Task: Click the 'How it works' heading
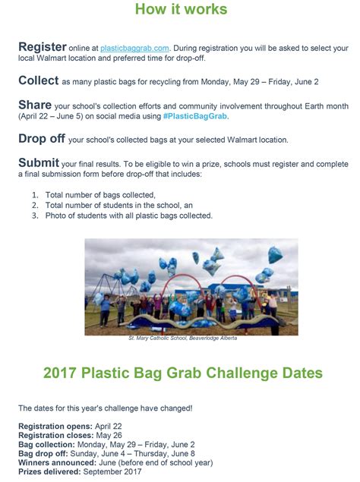pyautogui.click(x=182, y=9)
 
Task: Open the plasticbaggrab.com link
pyautogui.click(x=134, y=49)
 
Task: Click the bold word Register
pyautogui.click(x=43, y=47)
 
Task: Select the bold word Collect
pyautogui.click(x=39, y=80)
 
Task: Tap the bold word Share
pyautogui.click(x=35, y=105)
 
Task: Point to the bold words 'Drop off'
pyautogui.click(x=42, y=139)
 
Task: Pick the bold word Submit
pyautogui.click(x=39, y=162)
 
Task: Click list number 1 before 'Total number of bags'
pyautogui.click(x=35, y=195)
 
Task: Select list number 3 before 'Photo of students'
pyautogui.click(x=35, y=216)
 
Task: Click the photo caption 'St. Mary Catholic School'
pyautogui.click(x=158, y=338)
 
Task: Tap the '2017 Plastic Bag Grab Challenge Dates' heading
pyautogui.click(x=183, y=373)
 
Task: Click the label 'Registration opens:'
pyautogui.click(x=55, y=427)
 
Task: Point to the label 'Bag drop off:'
pyautogui.click(x=43, y=453)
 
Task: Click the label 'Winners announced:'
pyautogui.click(x=57, y=462)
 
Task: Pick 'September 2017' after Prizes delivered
pyautogui.click(x=112, y=471)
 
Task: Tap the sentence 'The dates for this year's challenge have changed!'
pyautogui.click(x=106, y=408)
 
